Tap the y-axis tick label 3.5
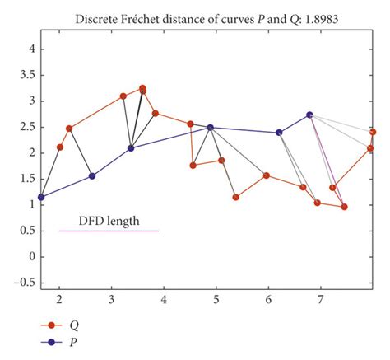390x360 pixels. (26, 75)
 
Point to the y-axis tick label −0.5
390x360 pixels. (24, 283)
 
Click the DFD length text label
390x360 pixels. (109, 221)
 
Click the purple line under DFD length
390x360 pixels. (109, 231)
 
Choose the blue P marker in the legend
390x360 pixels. (52, 341)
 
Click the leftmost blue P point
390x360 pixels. (41, 197)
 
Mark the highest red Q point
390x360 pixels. (142, 88)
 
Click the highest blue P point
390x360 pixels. (309, 115)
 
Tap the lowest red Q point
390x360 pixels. (344, 207)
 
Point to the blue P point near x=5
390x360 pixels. (210, 128)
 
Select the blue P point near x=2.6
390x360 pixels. (91, 176)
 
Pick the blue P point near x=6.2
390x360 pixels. (279, 133)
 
